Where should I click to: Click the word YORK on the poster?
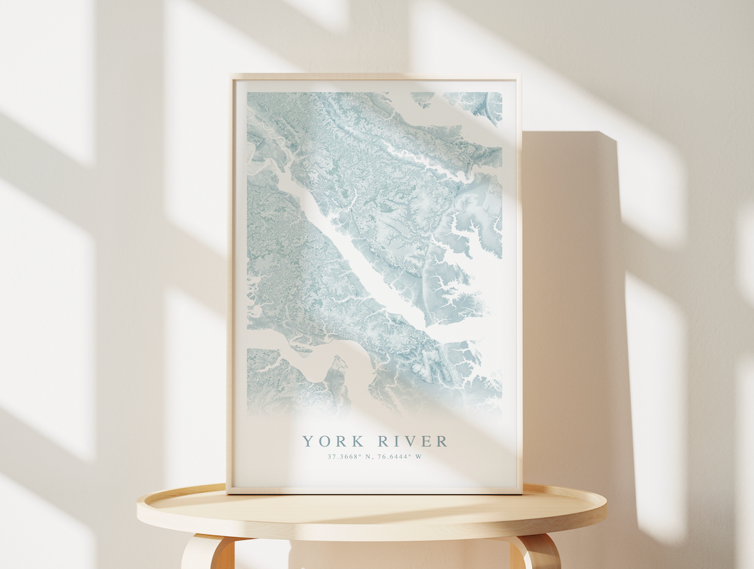tap(333, 441)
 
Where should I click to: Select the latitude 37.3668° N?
tap(349, 457)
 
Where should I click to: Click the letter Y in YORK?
tap(307, 441)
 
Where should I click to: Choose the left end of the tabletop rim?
tap(139, 511)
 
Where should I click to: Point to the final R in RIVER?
tap(442, 441)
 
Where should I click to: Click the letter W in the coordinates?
tap(419, 457)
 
